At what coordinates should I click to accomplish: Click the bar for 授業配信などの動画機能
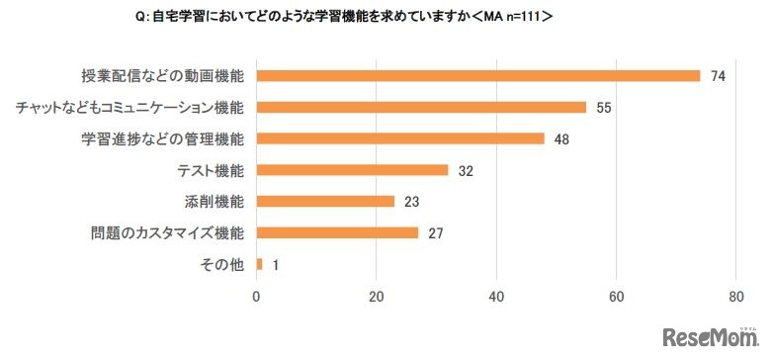[x=478, y=75]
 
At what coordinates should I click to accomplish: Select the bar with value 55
[x=421, y=107]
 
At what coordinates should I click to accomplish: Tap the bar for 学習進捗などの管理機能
[x=400, y=138]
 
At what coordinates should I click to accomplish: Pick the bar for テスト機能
[x=353, y=170]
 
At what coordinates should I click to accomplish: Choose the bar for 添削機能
[x=325, y=201]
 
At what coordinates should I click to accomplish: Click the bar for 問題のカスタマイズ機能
[x=337, y=232]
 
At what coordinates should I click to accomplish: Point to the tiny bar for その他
[x=260, y=264]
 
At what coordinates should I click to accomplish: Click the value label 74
[x=719, y=76]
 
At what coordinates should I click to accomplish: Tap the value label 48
[x=562, y=138]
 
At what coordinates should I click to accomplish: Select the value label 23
[x=412, y=202]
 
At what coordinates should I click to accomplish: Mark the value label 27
[x=436, y=233]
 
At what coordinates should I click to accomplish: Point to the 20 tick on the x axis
[x=377, y=296]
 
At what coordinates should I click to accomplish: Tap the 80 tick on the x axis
[x=735, y=296]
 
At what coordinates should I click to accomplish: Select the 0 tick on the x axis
[x=257, y=296]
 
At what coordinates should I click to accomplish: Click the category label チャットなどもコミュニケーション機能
[x=130, y=107]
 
